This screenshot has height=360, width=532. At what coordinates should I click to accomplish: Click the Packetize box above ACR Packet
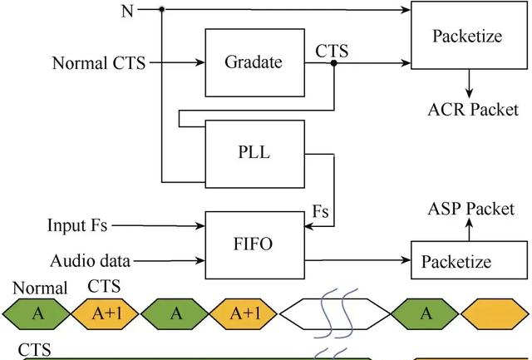point(467,37)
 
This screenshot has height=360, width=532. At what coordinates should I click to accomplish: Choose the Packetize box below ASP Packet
point(467,261)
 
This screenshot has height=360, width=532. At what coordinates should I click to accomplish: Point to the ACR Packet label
point(472,109)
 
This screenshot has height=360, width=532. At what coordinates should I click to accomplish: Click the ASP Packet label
point(470,209)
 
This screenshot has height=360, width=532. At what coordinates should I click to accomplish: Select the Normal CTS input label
point(99,62)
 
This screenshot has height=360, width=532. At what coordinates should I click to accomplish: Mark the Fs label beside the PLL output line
point(321,212)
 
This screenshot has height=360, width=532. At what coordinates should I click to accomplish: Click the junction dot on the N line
point(160,9)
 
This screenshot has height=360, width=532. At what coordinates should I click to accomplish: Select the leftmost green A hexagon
point(37,313)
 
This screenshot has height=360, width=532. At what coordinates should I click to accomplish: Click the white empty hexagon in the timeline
point(335,313)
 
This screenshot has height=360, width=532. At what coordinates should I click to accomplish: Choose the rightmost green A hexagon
point(426,313)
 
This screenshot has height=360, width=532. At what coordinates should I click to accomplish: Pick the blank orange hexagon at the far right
point(495,313)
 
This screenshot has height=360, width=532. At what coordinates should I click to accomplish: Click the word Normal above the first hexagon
point(39,288)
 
